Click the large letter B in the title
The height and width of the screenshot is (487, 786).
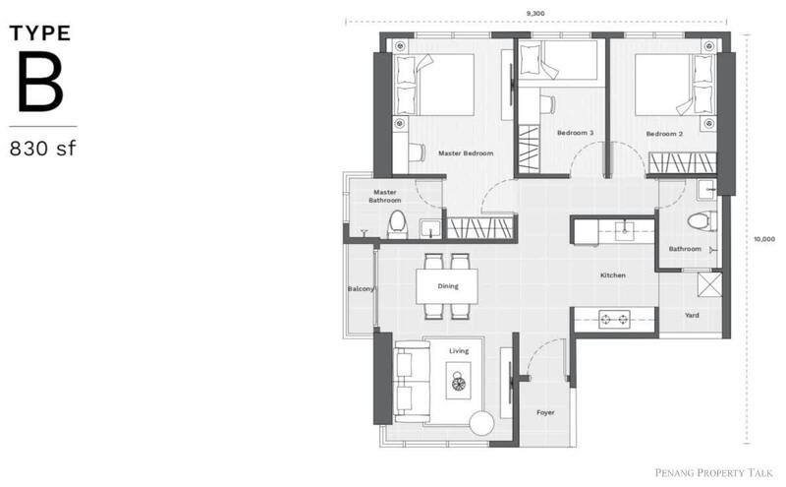(41, 83)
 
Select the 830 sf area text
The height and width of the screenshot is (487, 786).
(43, 149)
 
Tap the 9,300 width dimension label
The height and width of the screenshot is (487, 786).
(535, 14)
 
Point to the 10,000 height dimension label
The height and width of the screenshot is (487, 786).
(764, 239)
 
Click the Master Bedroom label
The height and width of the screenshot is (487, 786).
(466, 153)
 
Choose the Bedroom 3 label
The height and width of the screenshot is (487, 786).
(576, 133)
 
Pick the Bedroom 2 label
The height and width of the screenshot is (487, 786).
(664, 134)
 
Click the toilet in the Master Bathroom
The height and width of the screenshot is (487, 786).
(397, 224)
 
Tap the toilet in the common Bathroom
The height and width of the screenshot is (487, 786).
(702, 221)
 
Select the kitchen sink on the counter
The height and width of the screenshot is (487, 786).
(625, 231)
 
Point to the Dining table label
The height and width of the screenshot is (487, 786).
(448, 286)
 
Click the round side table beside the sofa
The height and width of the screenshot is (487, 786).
(482, 423)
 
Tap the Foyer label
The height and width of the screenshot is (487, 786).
(545, 412)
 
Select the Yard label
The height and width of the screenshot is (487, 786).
(693, 315)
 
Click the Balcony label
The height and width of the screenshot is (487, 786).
(361, 288)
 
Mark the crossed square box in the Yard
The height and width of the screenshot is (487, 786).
(709, 284)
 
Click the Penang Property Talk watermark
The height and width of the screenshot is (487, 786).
(714, 472)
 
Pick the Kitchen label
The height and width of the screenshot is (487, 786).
(613, 275)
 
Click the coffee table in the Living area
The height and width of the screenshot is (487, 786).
(458, 381)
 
